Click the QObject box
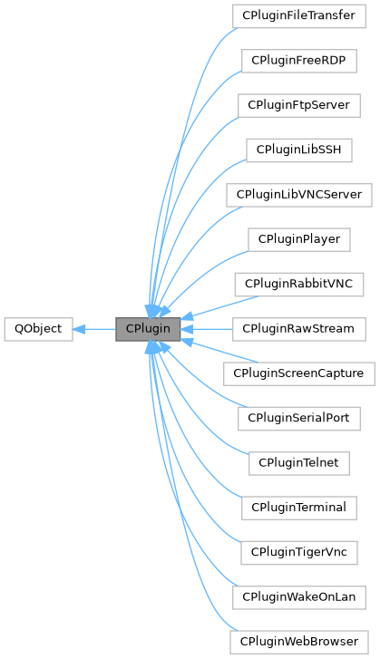(x=37, y=328)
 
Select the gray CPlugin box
(x=148, y=328)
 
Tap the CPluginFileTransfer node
(x=298, y=16)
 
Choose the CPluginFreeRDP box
(x=298, y=61)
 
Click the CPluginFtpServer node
(x=298, y=105)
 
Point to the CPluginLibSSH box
(x=298, y=150)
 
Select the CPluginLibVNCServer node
(x=298, y=194)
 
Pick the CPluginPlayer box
(x=298, y=238)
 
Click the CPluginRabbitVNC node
(x=298, y=284)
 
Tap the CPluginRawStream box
(x=298, y=328)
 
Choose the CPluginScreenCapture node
(x=298, y=373)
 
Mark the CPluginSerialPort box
(x=298, y=417)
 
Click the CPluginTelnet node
(x=298, y=462)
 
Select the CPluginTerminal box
(x=298, y=507)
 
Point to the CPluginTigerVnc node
(x=298, y=551)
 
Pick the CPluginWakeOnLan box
(x=298, y=596)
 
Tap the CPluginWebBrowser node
(x=298, y=640)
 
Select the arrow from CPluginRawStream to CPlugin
(x=207, y=328)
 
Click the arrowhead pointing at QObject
(x=79, y=328)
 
